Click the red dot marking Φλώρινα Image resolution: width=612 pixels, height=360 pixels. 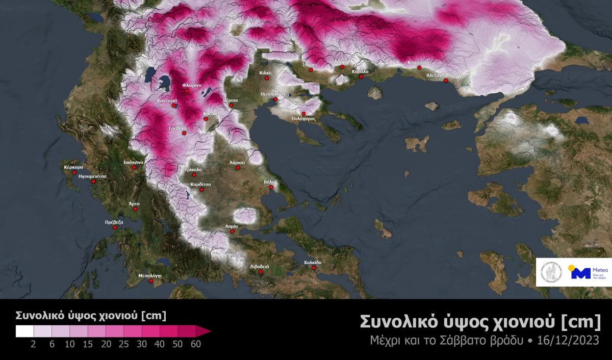pos(187,91)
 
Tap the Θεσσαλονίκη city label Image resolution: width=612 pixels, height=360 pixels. pos(275,94)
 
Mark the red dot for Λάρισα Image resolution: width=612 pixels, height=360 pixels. pos(238,168)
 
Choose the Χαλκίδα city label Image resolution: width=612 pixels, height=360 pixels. pos(313,262)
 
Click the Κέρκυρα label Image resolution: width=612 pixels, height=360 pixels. pos(73,167)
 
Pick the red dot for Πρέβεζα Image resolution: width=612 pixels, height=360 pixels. pos(115,227)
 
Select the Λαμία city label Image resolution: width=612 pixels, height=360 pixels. pos(232,225)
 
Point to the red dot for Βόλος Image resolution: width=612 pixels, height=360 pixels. pos(271,187)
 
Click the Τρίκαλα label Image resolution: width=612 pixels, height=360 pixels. pos(193,169)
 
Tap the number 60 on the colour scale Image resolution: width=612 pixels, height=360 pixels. pos(195,344)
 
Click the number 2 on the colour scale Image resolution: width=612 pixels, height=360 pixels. pos(33,344)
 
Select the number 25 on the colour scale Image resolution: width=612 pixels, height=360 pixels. pos(124,344)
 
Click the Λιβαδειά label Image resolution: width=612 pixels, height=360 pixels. pos(260,266)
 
